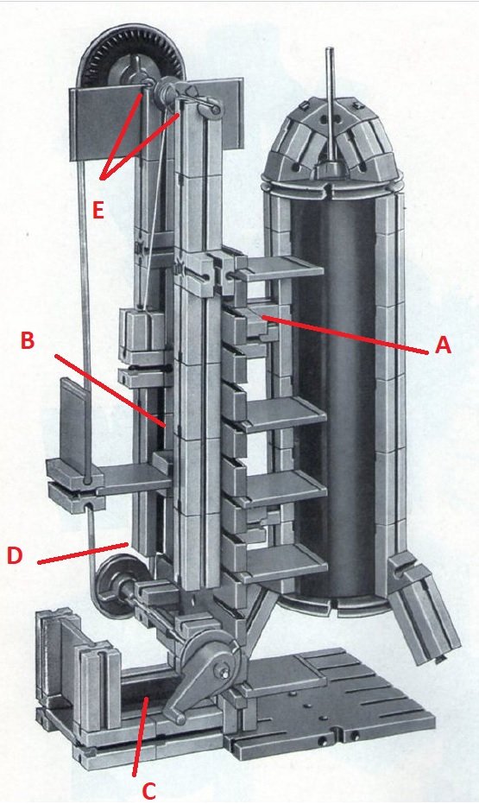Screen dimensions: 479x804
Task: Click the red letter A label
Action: click(x=443, y=345)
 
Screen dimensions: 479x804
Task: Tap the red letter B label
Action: click(x=28, y=340)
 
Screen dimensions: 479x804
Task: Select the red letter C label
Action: click(x=148, y=791)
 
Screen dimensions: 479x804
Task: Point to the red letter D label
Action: click(x=15, y=555)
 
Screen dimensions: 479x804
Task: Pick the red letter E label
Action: click(x=98, y=210)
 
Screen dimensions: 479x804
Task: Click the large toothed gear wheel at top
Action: click(x=130, y=59)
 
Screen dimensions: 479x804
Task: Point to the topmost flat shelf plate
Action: click(x=280, y=268)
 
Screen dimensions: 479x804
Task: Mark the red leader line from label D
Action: click(x=83, y=554)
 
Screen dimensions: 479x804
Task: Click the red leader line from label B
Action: click(x=110, y=390)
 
